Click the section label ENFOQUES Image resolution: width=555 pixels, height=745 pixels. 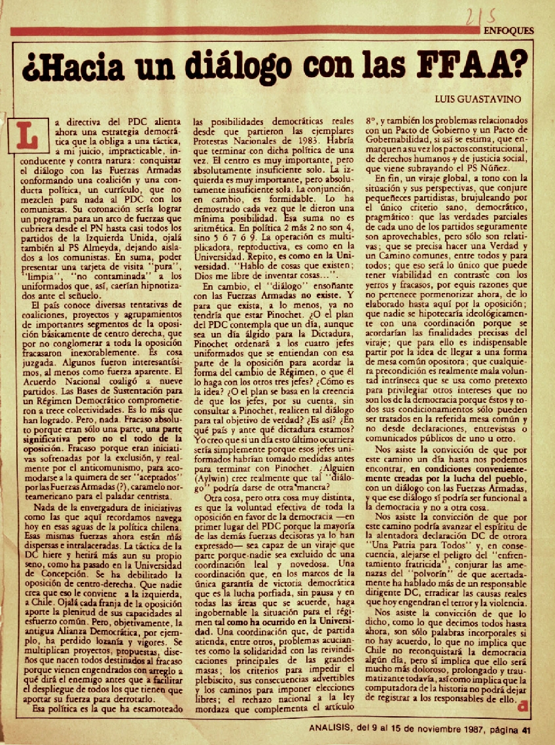point(509,31)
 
